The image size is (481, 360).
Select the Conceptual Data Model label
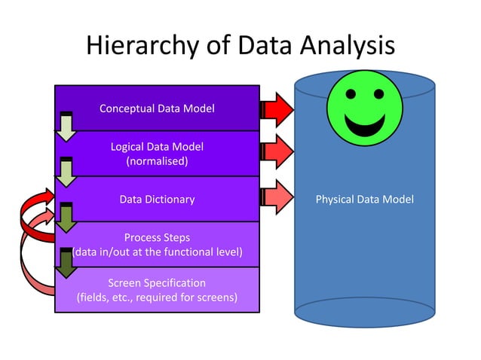click(157, 108)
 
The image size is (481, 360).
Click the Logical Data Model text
click(157, 146)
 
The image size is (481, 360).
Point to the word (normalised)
click(157, 160)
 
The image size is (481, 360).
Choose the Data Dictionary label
click(157, 200)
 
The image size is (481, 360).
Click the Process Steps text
click(157, 237)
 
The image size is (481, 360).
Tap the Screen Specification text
click(157, 282)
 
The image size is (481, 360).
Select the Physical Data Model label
click(364, 200)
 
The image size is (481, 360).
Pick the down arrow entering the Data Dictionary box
click(66, 172)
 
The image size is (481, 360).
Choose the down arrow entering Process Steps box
click(66, 218)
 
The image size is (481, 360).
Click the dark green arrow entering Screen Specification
click(66, 264)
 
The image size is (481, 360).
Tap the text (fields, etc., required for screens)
click(157, 297)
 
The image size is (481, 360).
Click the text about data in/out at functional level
click(157, 252)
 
